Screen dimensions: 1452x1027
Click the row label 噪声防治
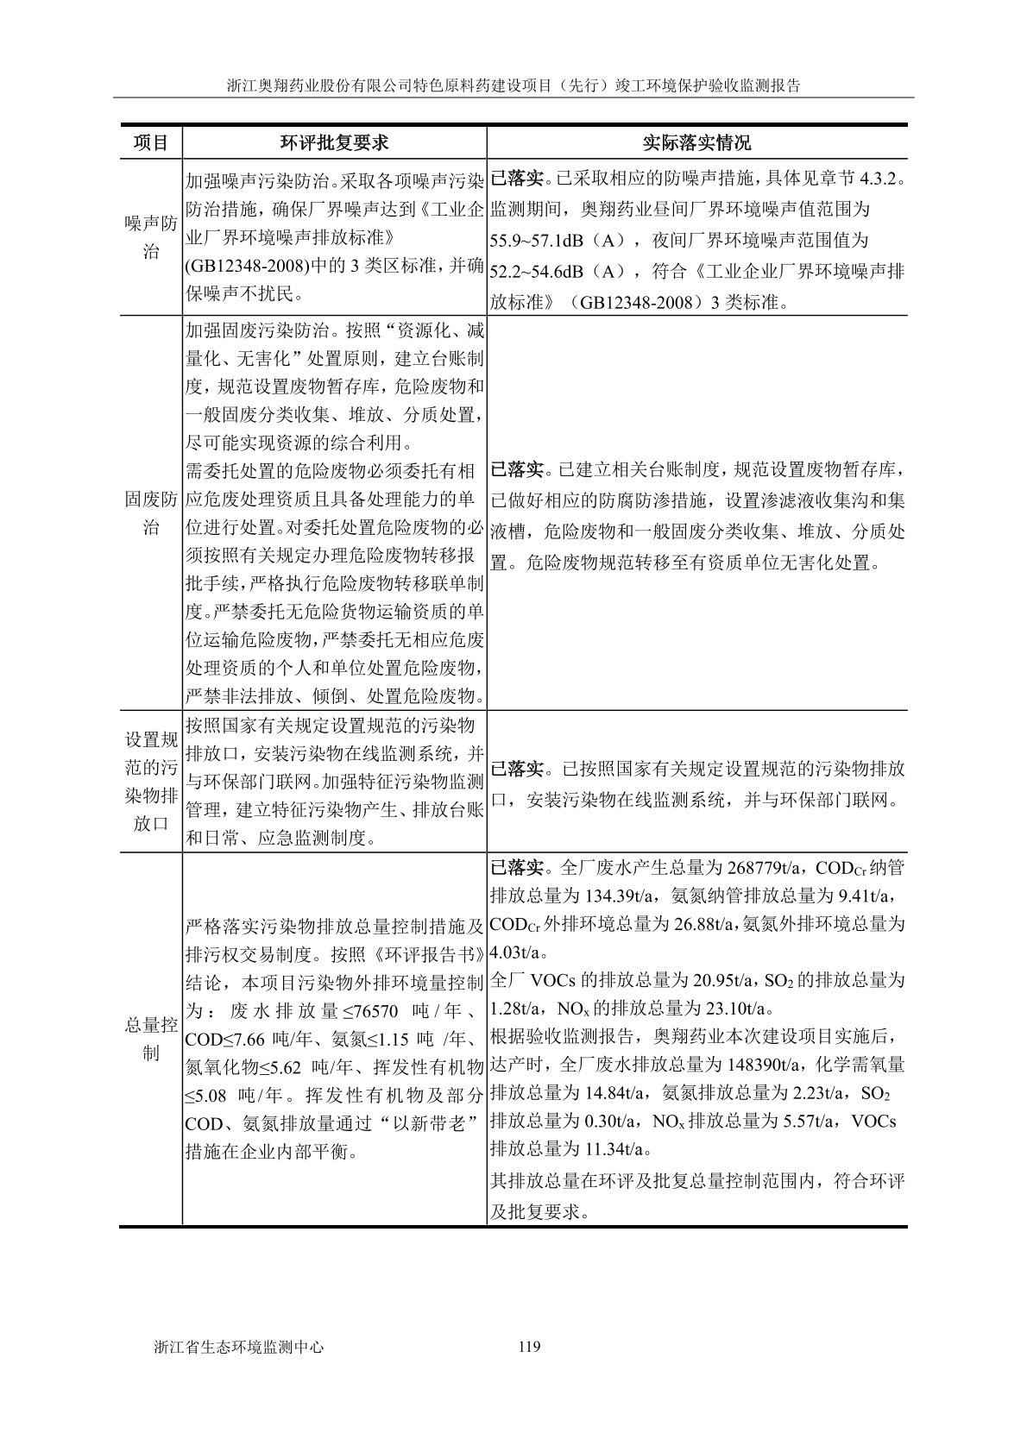click(150, 237)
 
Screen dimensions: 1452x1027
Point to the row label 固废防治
click(150, 514)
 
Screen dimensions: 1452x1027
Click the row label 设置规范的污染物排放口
click(150, 781)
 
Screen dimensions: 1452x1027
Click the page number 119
click(530, 1347)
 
